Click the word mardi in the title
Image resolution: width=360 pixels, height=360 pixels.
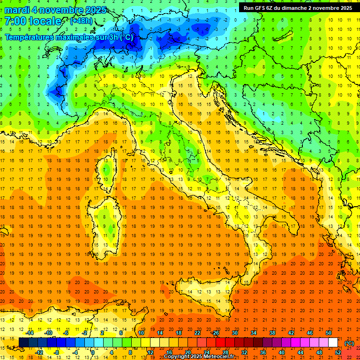tap(17, 10)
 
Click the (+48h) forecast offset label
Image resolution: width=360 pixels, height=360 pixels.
tap(81, 21)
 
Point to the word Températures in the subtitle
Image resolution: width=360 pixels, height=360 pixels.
tap(29, 37)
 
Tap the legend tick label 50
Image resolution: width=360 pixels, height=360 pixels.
tap(328, 333)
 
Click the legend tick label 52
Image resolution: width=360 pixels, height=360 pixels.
tap(337, 352)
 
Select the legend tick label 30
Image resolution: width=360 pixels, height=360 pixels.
tap(234, 333)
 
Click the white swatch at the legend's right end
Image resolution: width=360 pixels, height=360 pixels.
tap(333, 343)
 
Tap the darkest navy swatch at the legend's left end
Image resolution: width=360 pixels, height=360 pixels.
tap(23, 343)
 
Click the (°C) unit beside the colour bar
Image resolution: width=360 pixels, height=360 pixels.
tap(349, 343)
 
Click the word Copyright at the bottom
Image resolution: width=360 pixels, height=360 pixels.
tap(177, 357)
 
